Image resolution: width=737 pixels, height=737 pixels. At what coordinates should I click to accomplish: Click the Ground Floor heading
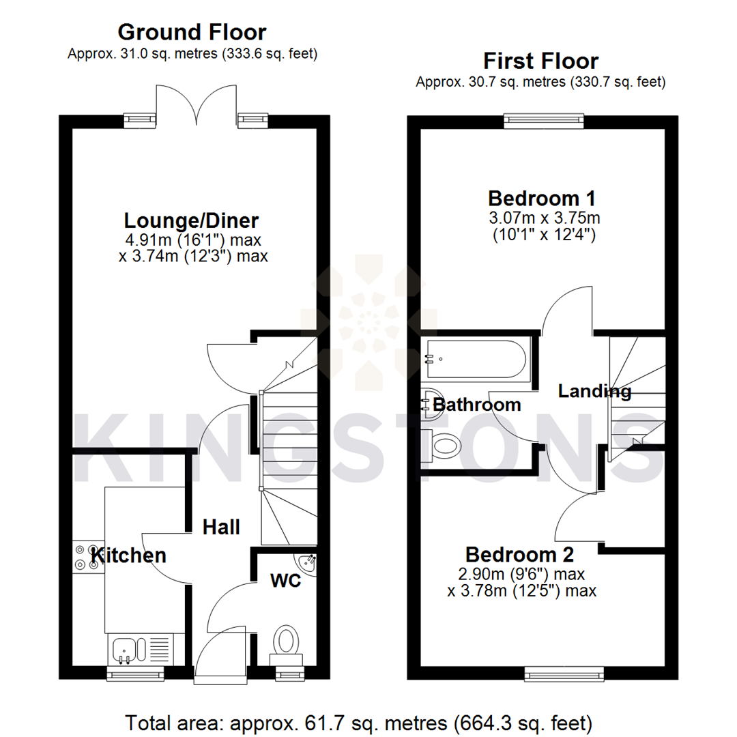[x=192, y=31]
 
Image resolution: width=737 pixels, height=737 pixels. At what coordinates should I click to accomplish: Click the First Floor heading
[x=540, y=61]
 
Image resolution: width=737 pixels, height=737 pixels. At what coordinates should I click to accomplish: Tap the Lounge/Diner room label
[x=191, y=221]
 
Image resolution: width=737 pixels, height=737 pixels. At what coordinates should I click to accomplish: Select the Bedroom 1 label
[x=542, y=199]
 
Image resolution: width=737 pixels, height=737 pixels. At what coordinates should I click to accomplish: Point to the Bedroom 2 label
[x=519, y=553]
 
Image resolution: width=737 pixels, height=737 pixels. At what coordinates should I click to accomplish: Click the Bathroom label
[x=477, y=405]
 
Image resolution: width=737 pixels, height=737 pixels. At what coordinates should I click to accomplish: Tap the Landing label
[x=594, y=392]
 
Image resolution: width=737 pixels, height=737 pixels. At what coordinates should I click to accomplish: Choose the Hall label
[x=221, y=527]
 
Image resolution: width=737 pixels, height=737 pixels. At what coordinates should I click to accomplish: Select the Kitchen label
[x=129, y=555]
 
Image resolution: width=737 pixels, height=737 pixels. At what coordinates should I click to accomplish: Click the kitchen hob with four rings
[x=88, y=555]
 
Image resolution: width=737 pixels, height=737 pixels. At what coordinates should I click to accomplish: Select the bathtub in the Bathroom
[x=476, y=359]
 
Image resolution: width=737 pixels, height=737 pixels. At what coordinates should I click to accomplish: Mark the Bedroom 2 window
[x=564, y=674]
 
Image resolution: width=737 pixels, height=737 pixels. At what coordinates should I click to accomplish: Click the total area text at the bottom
[x=358, y=721]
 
